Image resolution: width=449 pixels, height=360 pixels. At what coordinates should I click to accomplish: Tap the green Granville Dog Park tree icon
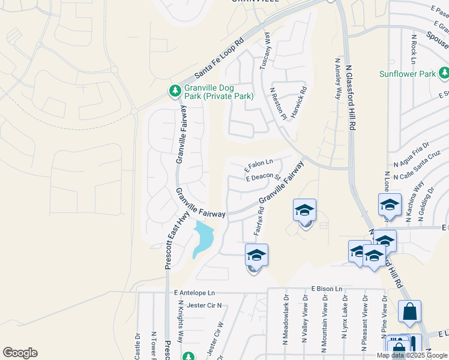pos(175,91)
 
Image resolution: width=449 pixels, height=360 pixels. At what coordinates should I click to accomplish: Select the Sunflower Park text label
pos(408,74)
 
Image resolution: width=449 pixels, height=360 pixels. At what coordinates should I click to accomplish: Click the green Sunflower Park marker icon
pos(444,74)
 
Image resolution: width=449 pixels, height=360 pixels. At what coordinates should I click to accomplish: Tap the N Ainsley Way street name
pos(336,79)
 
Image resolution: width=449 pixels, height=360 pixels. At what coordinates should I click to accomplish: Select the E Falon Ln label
pos(259,163)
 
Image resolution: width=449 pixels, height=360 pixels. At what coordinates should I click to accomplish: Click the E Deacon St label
pos(263,176)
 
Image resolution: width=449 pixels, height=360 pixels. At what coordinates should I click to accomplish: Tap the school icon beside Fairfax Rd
pos(256,256)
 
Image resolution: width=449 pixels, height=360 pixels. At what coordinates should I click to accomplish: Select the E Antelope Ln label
pos(194,293)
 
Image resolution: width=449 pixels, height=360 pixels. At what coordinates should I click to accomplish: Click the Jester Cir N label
pos(204,305)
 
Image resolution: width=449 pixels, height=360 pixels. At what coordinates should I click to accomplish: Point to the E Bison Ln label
pos(327,289)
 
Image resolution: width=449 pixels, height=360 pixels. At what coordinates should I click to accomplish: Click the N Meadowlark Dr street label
pos(286,327)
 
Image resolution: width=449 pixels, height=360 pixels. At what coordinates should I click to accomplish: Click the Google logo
pos(20,353)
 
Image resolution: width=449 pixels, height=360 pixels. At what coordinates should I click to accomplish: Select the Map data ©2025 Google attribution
pos(412,355)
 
